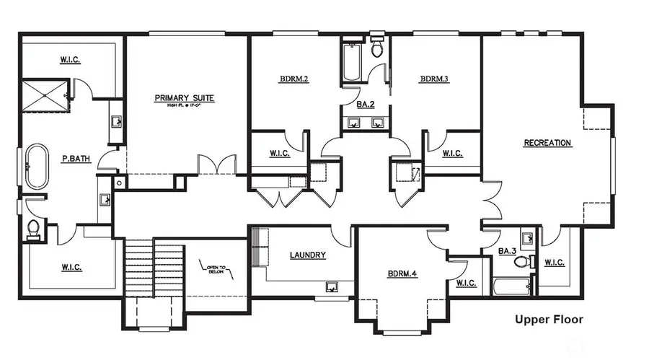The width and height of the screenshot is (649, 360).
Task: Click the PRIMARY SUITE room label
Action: click(185, 98)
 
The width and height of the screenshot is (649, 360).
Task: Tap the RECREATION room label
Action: click(547, 143)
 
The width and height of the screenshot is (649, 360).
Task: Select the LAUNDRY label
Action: click(308, 255)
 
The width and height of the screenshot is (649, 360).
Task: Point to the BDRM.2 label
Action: click(294, 79)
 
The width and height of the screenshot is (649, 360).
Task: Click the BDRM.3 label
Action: click(435, 79)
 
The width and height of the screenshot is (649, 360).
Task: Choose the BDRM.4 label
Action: click(402, 273)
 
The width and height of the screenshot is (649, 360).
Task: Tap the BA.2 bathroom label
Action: click(366, 105)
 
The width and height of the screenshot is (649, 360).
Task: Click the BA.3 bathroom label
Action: click(505, 252)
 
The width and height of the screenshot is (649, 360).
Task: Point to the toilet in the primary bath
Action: click(33, 229)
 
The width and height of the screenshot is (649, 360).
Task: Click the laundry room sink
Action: click(332, 286)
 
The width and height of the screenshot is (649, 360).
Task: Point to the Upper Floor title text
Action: click(548, 319)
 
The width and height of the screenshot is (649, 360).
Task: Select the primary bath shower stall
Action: click(46, 95)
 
